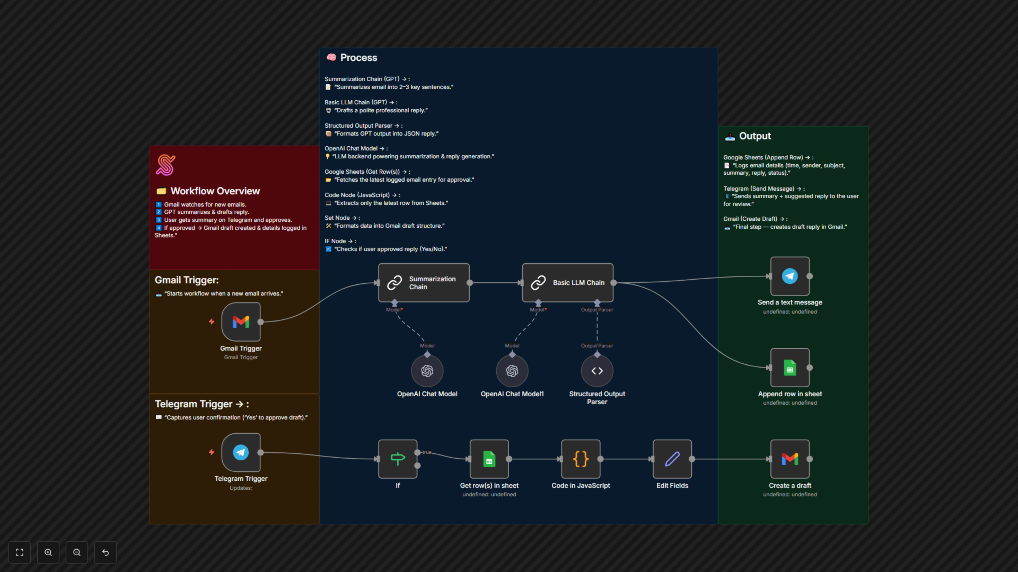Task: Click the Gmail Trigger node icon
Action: coord(241,322)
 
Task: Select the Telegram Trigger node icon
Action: coord(241,452)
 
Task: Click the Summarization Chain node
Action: coord(424,283)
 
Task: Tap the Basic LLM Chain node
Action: coord(568,283)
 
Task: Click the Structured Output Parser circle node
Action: coord(597,371)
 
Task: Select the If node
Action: coord(398,459)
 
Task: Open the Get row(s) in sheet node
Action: coord(489,459)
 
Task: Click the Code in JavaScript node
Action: coord(581,459)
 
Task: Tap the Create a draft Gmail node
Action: coord(789,459)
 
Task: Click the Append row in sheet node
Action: coord(789,368)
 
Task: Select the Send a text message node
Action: coord(789,276)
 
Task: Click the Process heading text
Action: coord(358,58)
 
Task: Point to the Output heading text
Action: coord(755,136)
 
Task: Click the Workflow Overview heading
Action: coord(215,191)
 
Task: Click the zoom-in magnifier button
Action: coord(48,552)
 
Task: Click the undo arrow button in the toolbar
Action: coord(106,552)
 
